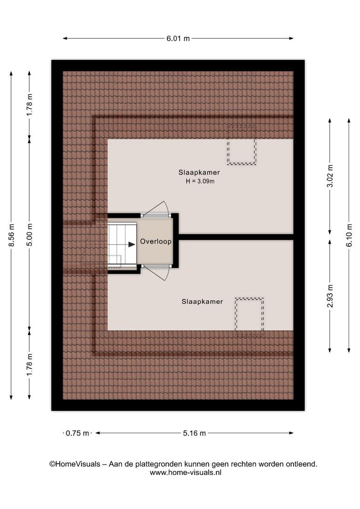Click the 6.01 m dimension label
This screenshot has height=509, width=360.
178,38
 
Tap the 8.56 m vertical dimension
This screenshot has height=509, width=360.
11,235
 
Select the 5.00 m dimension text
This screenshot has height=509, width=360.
30,235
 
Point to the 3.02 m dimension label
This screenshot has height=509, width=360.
330,176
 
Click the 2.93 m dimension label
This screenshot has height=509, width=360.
330,296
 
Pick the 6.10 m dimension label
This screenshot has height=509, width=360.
349,235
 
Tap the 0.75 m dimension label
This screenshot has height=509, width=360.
77,433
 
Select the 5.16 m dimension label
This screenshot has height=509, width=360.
194,433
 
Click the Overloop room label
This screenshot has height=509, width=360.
156,241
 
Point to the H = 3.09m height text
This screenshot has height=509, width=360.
200,181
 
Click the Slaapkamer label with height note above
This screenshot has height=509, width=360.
199,172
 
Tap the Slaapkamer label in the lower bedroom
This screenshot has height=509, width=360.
202,302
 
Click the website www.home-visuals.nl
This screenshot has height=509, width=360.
185,473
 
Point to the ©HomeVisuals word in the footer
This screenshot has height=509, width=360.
74,464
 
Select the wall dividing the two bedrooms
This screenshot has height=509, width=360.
236,237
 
